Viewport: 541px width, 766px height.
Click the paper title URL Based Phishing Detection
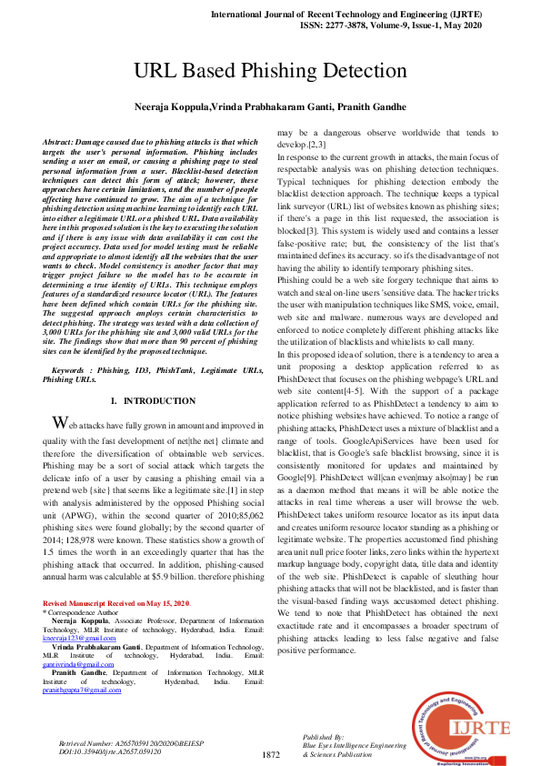point(270,72)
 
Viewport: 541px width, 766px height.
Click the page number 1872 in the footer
point(270,755)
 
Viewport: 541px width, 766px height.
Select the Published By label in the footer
point(322,735)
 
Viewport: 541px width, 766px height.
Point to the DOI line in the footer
point(108,752)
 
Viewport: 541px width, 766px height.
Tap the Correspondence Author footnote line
point(89,612)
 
